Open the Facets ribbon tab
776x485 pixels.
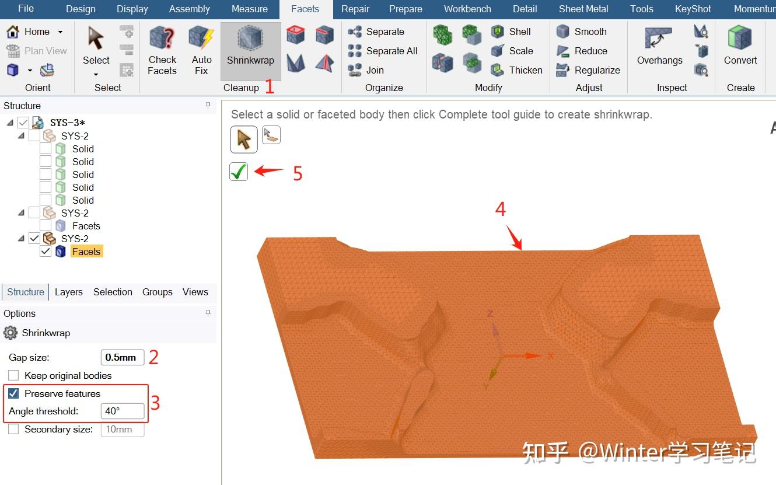point(305,9)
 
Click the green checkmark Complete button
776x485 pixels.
point(239,172)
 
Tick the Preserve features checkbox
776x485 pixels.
point(13,393)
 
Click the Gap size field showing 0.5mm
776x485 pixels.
point(122,357)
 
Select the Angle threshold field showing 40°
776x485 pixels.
point(122,411)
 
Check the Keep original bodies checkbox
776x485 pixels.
point(13,375)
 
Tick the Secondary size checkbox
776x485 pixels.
point(13,429)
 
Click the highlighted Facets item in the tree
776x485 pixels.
point(86,252)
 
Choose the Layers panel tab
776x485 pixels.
point(69,292)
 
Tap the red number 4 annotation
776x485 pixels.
point(501,209)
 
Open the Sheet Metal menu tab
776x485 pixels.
point(583,9)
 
